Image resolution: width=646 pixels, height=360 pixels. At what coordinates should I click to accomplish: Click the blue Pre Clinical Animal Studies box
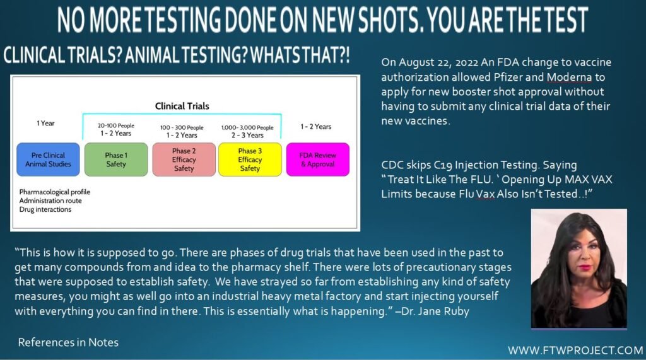click(x=48, y=160)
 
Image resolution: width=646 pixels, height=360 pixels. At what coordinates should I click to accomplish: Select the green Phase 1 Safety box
click(x=116, y=160)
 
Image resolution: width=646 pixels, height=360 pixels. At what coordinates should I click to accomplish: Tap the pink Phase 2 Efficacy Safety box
click(x=184, y=160)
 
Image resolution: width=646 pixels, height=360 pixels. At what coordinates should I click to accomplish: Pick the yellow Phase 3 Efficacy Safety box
click(x=250, y=160)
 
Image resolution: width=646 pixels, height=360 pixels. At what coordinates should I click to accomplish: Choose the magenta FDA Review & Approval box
click(x=318, y=160)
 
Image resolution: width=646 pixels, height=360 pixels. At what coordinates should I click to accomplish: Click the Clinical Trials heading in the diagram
click(x=182, y=106)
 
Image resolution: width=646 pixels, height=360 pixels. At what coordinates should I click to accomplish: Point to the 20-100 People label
click(x=116, y=125)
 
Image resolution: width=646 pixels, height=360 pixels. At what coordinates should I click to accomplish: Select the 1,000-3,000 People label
click(x=247, y=128)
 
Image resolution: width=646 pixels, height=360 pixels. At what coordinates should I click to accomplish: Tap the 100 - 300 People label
click(x=182, y=128)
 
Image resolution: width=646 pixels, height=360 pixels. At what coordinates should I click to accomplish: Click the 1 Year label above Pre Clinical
click(x=45, y=123)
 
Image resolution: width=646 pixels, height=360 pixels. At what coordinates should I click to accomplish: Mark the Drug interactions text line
click(x=45, y=209)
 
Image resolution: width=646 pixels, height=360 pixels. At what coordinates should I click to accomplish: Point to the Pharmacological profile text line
click(x=54, y=192)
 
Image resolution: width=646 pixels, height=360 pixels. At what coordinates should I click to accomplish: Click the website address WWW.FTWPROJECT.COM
click(x=575, y=351)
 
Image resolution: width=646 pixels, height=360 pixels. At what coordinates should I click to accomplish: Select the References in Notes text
click(x=68, y=342)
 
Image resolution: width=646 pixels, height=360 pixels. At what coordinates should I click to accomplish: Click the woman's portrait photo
click(x=579, y=268)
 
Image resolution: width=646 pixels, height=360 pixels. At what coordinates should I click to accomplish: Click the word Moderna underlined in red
click(x=569, y=77)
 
